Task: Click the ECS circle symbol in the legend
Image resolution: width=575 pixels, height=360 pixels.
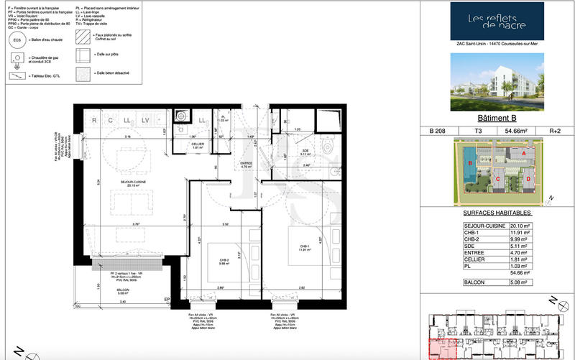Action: pos(17,41)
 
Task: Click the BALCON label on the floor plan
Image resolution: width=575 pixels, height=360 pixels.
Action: pos(107,290)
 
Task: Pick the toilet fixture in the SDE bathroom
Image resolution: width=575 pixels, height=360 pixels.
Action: pos(329,147)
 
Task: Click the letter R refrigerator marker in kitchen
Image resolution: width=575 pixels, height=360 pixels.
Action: pos(94,120)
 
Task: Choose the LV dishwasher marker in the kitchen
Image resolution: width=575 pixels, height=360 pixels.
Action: pos(145,120)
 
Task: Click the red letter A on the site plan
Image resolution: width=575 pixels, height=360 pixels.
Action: pos(523,154)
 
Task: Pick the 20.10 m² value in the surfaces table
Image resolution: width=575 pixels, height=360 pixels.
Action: pos(517,226)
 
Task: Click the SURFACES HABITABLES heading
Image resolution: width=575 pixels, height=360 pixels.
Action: pos(494,213)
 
